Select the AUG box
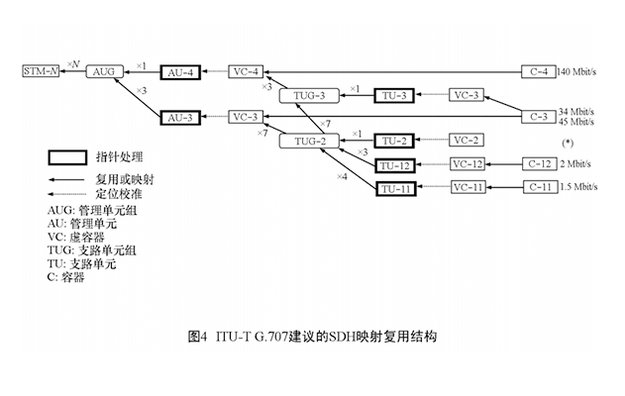click(x=103, y=72)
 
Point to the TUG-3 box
click(x=309, y=95)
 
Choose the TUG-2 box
click(x=309, y=142)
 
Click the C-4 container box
click(x=538, y=72)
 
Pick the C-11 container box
click(x=538, y=186)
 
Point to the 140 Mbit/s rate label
click(x=578, y=72)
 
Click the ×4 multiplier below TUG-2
click(x=341, y=177)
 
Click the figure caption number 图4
click(x=198, y=336)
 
